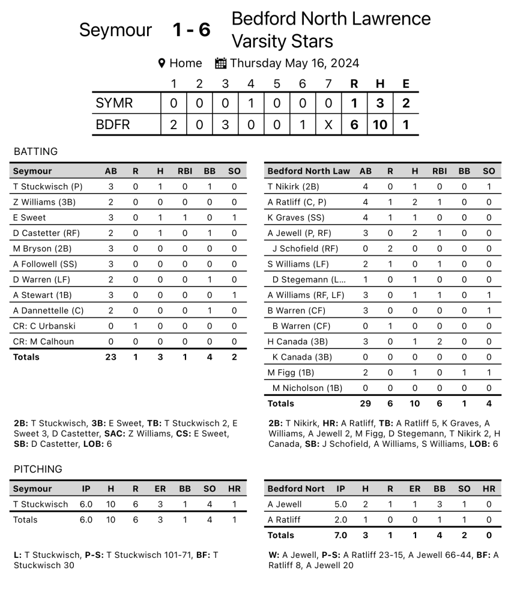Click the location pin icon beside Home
coord(162,63)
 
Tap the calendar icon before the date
coord(220,63)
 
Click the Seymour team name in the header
coord(115,30)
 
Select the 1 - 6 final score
coord(192,30)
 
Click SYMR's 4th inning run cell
coord(251,103)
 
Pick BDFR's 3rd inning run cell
coord(225,126)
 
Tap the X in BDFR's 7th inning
coord(328,126)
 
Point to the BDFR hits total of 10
coord(379,126)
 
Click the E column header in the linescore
coord(406,84)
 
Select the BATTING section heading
coord(35,151)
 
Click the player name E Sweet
coord(29,217)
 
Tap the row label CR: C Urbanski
coord(43,326)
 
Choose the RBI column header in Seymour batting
coord(185,171)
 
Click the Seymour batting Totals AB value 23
coord(110,357)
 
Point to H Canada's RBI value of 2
coord(440,342)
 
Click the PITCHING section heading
coord(38,469)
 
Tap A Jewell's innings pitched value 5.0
coord(340,504)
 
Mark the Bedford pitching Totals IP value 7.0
coord(340,535)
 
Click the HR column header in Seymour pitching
coord(234,489)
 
